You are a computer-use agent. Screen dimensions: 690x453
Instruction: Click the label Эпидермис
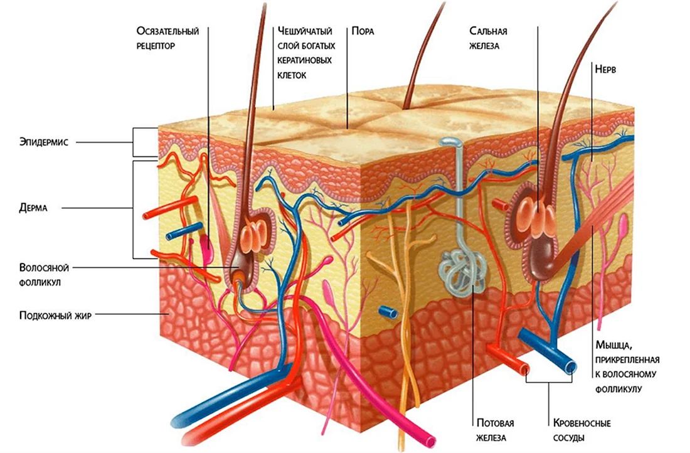tap(43, 142)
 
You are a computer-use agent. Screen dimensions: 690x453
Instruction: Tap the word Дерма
tap(33, 208)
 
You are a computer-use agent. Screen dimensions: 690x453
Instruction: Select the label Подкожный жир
tap(55, 315)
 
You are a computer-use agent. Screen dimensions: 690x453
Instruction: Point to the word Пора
tap(363, 31)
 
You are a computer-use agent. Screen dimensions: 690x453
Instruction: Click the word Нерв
tap(605, 69)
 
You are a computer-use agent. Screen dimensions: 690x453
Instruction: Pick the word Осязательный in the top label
tap(167, 31)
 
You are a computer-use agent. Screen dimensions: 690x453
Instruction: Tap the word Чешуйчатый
tap(305, 31)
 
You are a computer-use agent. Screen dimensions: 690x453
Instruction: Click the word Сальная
tap(488, 31)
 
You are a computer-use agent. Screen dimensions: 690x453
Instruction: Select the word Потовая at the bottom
tap(496, 423)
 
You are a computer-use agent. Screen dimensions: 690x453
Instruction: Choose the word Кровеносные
tap(581, 423)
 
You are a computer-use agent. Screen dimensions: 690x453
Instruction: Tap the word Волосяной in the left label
tap(44, 268)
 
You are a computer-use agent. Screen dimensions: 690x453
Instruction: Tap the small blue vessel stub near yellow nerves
tap(388, 312)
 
